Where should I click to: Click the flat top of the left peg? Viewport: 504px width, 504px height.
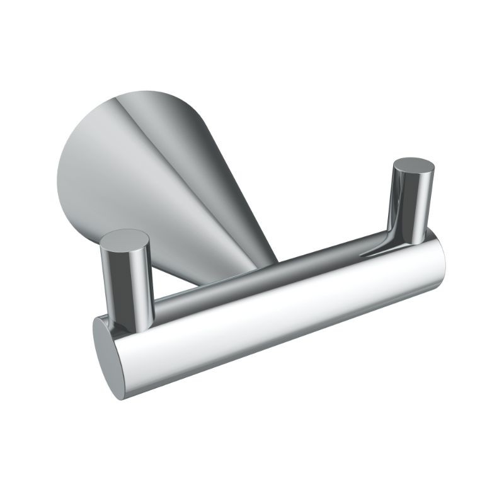coord(126,239)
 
